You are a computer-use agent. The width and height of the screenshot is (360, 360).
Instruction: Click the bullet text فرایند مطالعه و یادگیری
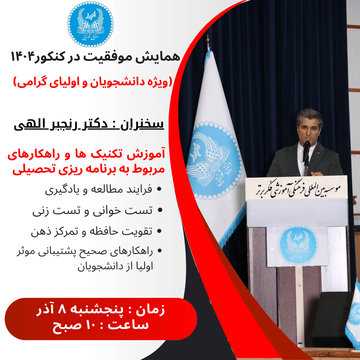99,190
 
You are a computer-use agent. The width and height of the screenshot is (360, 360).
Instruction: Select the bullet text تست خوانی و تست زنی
92,211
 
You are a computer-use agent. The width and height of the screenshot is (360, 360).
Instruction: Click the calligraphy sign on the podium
296,188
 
